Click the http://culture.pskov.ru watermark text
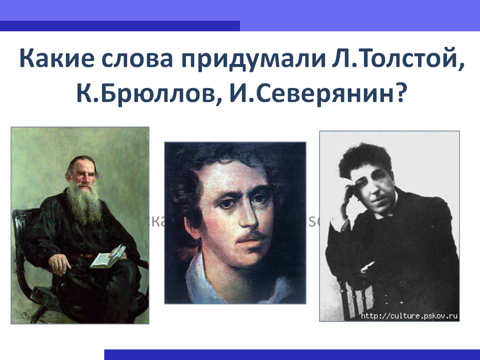coord(409,316)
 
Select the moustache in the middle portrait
coord(249,235)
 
